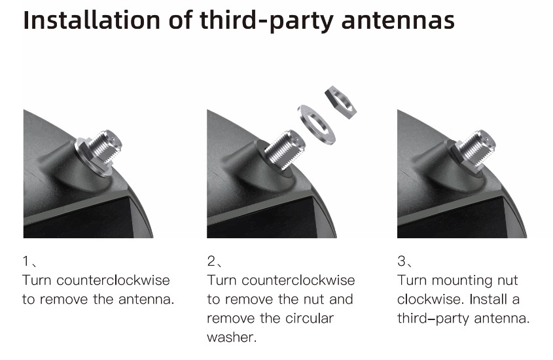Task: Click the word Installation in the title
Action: point(92,20)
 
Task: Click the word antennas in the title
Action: point(398,20)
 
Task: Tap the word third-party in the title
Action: point(266,21)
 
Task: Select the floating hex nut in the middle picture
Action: point(340,102)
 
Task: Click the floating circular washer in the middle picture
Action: point(316,124)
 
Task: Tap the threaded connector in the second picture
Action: point(285,149)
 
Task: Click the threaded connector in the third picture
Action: point(478,147)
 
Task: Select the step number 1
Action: point(26,261)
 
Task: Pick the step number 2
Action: point(211,261)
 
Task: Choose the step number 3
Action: point(401,261)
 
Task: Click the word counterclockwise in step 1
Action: point(113,280)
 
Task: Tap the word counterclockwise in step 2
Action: point(298,280)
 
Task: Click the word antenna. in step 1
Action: point(147,299)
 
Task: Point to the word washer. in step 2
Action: point(232,338)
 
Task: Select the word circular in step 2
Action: point(310,318)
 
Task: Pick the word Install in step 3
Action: point(487,299)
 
